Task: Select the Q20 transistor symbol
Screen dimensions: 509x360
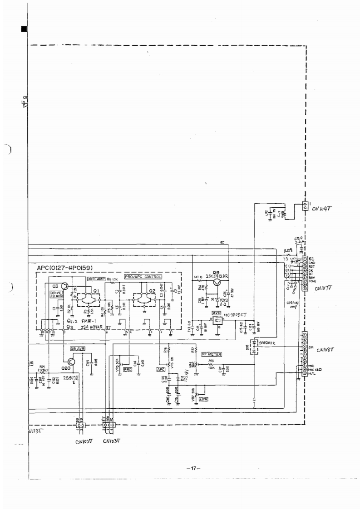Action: click(x=71, y=361)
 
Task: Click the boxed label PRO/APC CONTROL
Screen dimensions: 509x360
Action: click(x=143, y=276)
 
